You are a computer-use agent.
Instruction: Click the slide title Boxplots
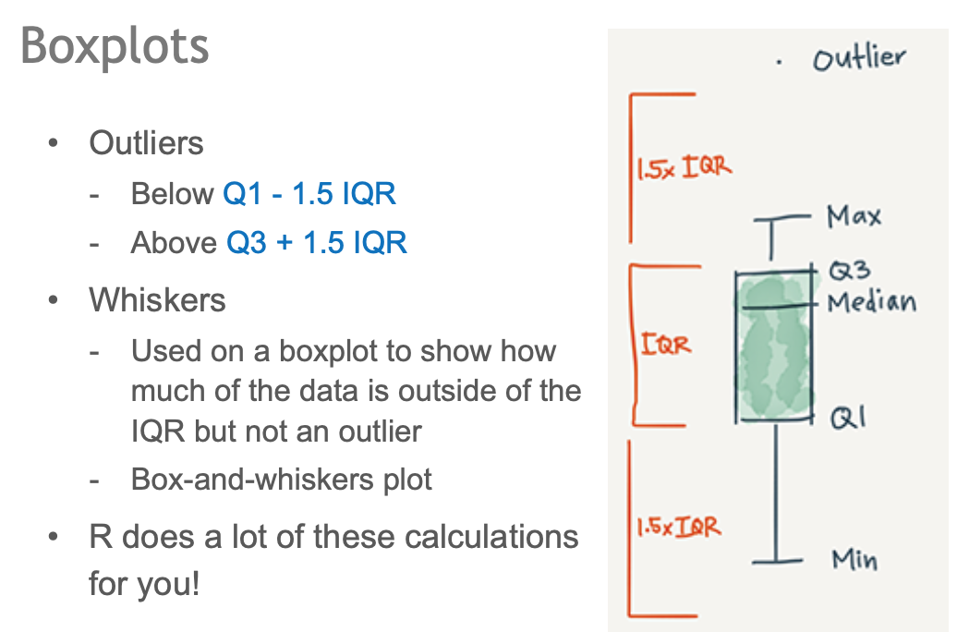pyautogui.click(x=115, y=46)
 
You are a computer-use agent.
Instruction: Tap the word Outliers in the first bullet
pyautogui.click(x=146, y=144)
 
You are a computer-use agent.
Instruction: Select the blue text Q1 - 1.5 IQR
pyautogui.click(x=309, y=194)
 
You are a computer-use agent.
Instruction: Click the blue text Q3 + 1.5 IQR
pyautogui.click(x=317, y=243)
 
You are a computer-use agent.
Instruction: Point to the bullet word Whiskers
pyautogui.click(x=157, y=300)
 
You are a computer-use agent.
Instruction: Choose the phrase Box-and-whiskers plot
pyautogui.click(x=282, y=480)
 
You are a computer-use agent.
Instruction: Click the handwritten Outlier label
pyautogui.click(x=858, y=59)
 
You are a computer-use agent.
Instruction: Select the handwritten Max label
pyautogui.click(x=854, y=217)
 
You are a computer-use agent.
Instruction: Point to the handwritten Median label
pyautogui.click(x=871, y=302)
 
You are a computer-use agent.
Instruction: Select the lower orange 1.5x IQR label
pyautogui.click(x=677, y=529)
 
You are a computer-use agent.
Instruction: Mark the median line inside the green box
pyautogui.click(x=776, y=306)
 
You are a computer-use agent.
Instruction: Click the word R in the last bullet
pyautogui.click(x=101, y=537)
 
